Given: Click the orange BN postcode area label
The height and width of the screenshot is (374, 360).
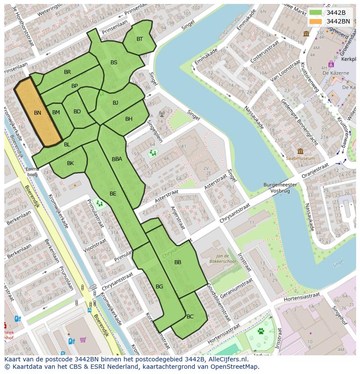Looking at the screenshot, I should (37, 113).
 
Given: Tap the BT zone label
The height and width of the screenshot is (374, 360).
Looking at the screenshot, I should (140, 39).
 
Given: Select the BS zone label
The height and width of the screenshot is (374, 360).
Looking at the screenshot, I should (114, 63).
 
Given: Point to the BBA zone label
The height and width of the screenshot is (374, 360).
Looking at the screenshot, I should (117, 159).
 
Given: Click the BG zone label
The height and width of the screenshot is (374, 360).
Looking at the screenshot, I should (159, 287).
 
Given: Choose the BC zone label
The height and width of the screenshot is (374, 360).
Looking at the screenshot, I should (190, 317).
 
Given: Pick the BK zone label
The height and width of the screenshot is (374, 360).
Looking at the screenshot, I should (70, 163).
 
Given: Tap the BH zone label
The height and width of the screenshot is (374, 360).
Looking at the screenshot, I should (129, 119).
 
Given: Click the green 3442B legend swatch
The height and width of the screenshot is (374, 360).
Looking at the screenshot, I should (316, 13).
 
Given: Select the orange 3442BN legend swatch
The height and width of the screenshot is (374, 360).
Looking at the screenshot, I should (316, 21).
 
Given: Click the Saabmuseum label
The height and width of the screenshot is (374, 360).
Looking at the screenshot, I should (300, 159).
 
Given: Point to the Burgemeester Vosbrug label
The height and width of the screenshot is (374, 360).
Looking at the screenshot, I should (280, 188).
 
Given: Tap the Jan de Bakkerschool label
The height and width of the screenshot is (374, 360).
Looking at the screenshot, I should (226, 259).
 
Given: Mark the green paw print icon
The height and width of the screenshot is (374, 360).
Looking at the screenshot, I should (261, 331).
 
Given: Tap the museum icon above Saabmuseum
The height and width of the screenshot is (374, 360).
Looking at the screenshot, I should (300, 151).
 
